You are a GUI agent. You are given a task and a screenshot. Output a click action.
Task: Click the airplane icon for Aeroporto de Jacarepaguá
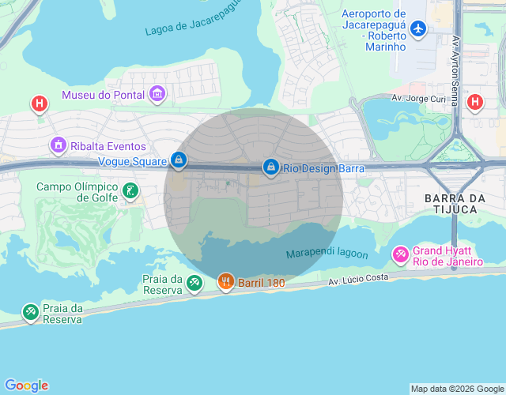[x=418, y=30]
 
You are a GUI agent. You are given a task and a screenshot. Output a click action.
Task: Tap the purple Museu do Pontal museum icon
[x=157, y=95]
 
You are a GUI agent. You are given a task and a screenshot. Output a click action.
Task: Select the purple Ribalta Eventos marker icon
[x=57, y=145]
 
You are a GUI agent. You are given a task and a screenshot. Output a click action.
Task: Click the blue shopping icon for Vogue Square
[x=179, y=160]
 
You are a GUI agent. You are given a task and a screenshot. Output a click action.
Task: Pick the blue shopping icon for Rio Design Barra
[x=271, y=167]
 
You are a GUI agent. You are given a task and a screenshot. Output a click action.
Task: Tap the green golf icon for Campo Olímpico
[x=130, y=190]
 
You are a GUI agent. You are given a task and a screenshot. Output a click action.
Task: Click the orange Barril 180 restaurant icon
[x=226, y=282]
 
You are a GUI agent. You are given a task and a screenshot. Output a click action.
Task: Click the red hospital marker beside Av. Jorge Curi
[x=474, y=102]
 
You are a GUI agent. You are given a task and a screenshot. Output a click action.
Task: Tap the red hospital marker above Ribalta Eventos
[x=38, y=103]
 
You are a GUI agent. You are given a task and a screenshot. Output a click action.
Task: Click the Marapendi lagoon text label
[x=327, y=254]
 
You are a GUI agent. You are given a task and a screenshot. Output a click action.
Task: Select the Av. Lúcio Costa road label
[x=358, y=279]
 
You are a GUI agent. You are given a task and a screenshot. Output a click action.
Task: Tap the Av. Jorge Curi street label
[x=419, y=99]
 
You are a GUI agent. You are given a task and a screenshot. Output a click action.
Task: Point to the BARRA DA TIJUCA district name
[x=462, y=203]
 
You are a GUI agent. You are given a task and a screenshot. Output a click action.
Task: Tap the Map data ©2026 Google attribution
[x=456, y=389]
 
